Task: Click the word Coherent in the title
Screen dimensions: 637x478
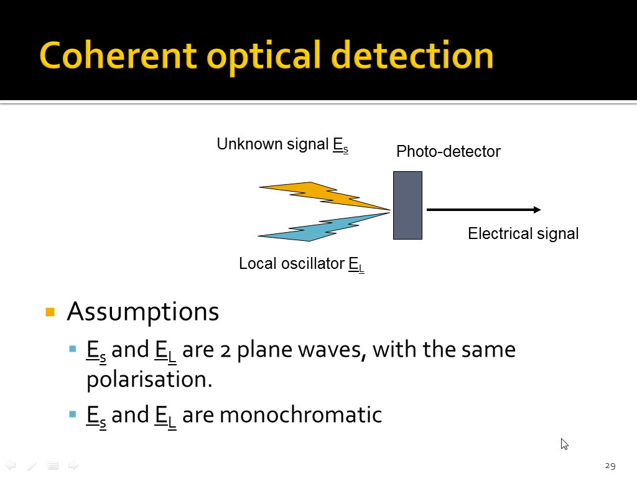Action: [x=118, y=55]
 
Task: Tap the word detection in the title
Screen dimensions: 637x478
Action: [x=412, y=55]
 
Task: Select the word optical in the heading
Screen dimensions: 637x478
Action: [x=264, y=57]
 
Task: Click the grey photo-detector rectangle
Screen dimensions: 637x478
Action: [x=407, y=205]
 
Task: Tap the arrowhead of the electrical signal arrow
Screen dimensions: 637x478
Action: [x=537, y=210]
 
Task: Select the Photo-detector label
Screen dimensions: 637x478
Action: [x=449, y=151]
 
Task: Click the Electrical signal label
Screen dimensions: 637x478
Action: [x=523, y=234]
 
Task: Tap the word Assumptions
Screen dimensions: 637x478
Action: [x=143, y=312]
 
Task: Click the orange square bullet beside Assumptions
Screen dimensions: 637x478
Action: [x=50, y=312]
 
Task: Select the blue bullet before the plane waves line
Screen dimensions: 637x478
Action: [x=73, y=349]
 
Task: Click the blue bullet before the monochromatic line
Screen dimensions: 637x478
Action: [x=73, y=414]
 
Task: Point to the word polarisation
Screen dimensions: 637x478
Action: [x=149, y=380]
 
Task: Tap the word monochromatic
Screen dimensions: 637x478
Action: [x=300, y=415]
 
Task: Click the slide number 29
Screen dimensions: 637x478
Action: [x=610, y=466]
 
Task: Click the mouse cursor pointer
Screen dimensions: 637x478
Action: [x=564, y=444]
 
